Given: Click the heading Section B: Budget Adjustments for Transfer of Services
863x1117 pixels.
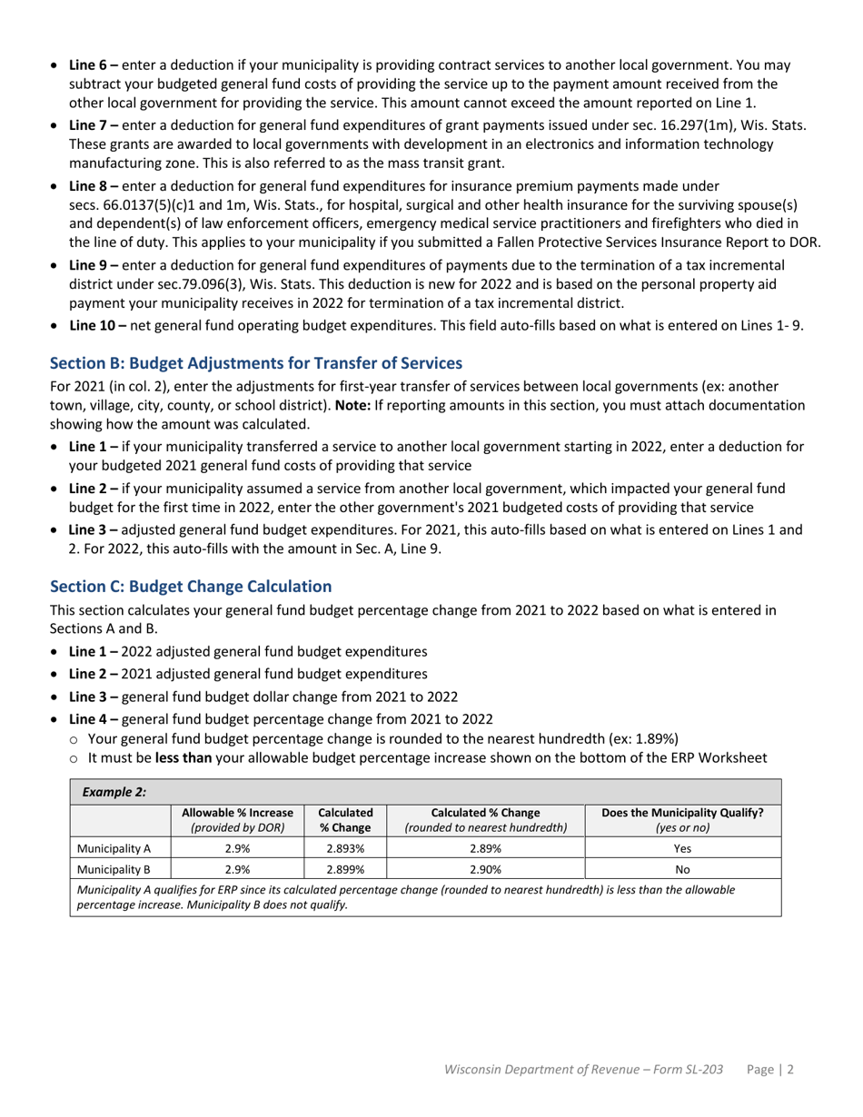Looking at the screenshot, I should [x=256, y=363].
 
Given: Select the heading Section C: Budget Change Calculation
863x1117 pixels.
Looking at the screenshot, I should [x=191, y=587].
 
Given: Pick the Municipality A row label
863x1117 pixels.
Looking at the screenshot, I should [x=114, y=849].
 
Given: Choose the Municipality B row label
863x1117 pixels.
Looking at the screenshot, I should [x=114, y=869].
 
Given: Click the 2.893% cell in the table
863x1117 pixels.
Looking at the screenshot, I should [x=344, y=849].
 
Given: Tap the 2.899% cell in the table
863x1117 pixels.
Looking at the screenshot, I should [x=344, y=869].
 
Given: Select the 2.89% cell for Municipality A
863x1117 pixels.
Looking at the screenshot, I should [x=485, y=849].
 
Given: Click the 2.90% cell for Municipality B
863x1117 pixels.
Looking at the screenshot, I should [x=485, y=869].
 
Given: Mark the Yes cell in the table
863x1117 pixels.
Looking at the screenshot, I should [x=682, y=849].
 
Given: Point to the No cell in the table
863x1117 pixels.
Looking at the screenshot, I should [x=682, y=869].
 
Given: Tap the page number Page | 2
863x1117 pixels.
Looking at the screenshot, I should [x=770, y=1070].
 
